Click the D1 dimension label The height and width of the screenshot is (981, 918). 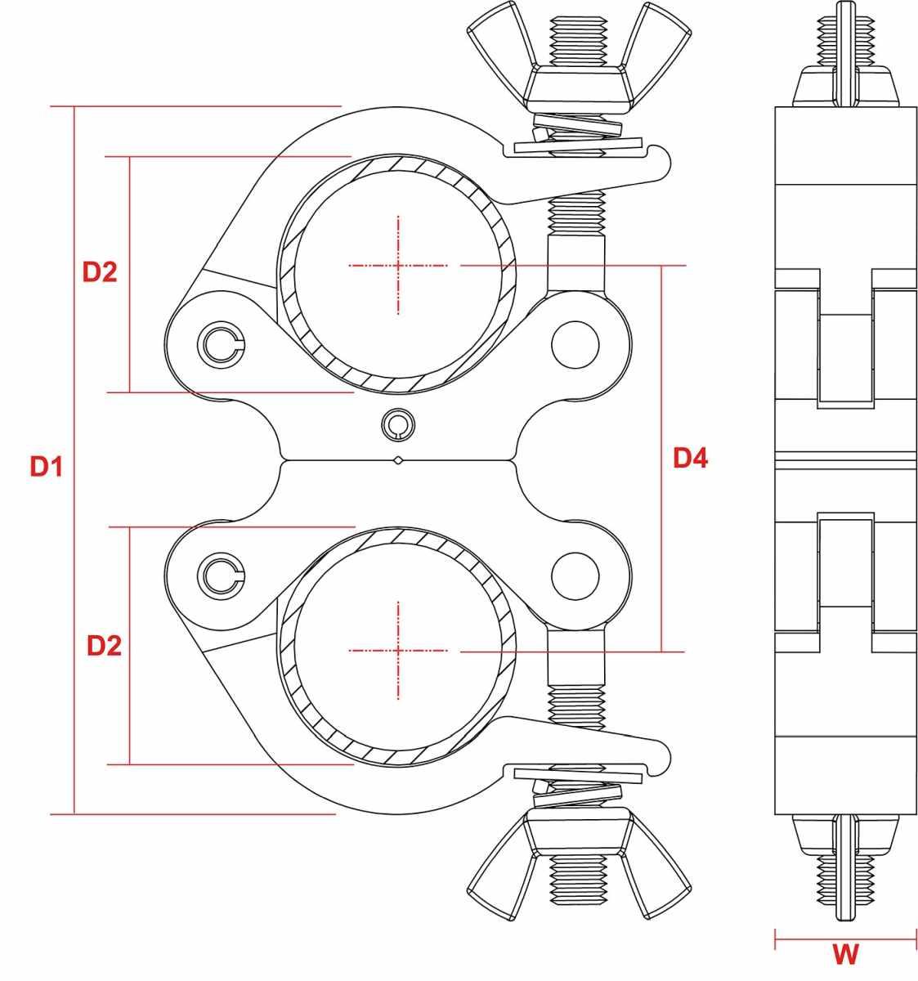coord(47,467)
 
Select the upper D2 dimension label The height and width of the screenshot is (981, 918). coord(100,271)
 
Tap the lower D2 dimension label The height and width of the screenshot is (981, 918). coord(104,646)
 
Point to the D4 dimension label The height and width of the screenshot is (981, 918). coord(690,458)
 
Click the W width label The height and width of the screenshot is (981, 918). coord(845,953)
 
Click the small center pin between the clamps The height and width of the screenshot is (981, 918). coord(397,422)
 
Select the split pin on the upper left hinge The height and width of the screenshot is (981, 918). coord(220,343)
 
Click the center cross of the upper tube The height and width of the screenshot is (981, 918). coord(398,265)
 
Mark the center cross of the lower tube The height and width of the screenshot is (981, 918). coord(398,651)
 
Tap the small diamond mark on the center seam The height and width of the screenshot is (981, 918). coord(398,461)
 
